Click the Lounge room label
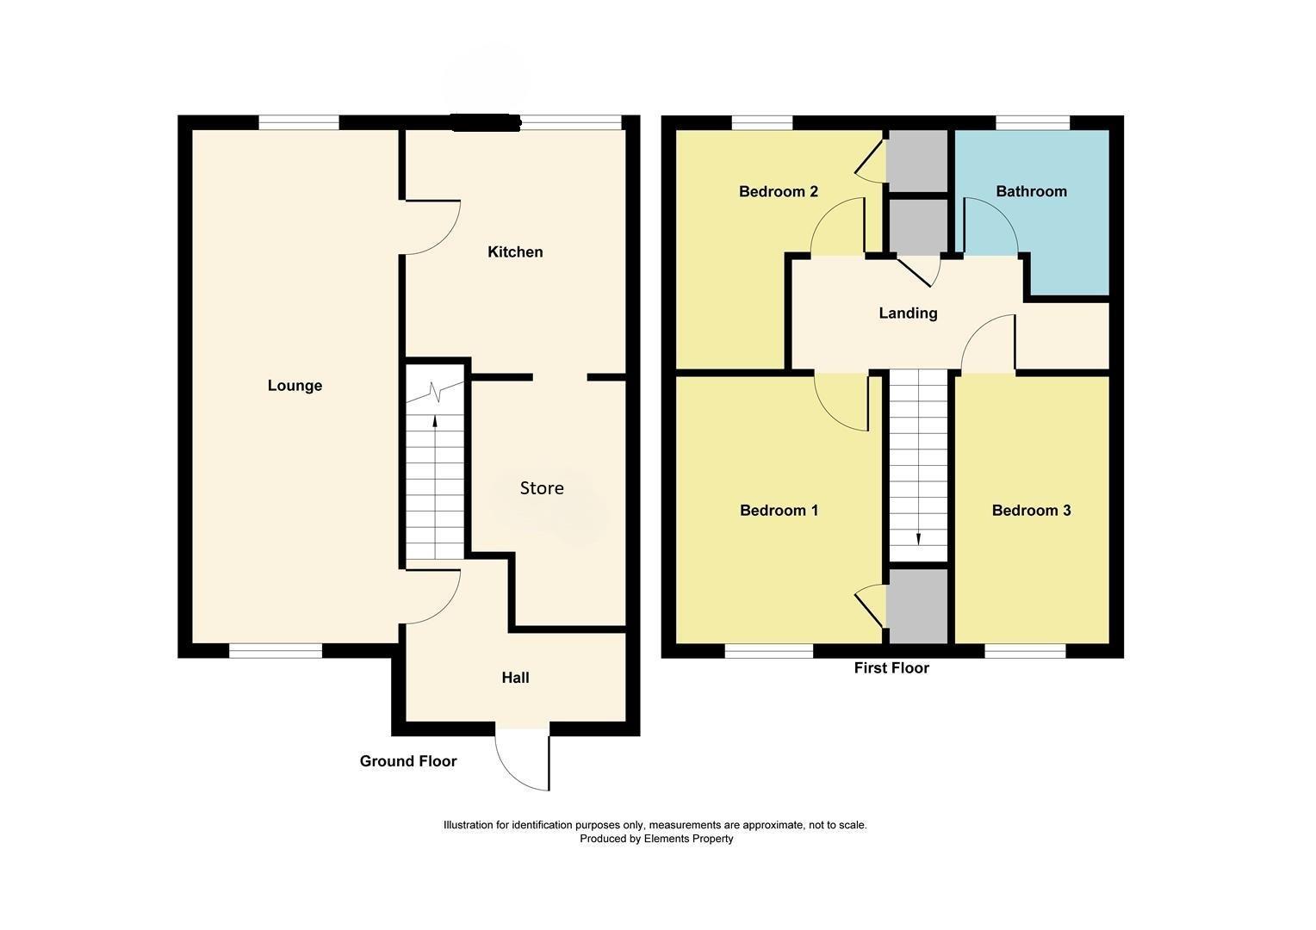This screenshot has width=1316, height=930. coord(295,386)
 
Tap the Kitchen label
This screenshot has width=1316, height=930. coord(515,252)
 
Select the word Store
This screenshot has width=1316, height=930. coord(542,488)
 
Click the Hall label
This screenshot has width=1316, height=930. coord(515,678)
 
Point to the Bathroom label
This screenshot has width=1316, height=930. coord(1031,191)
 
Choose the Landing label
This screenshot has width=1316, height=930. coord(908,313)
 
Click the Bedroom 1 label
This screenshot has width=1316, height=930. coord(779,511)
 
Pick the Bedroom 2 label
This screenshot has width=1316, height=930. coord(778,191)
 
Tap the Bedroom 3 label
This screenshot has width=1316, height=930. coord(1031,511)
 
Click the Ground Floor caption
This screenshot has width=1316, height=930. coord(407,761)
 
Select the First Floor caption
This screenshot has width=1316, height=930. coord(891,668)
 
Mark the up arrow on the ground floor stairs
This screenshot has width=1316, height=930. coord(435,422)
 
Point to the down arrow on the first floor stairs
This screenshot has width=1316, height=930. coord(918,539)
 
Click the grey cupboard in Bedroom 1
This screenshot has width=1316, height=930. coord(918,606)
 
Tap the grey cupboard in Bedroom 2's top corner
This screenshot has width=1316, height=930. coord(917,160)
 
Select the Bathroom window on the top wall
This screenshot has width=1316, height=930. coord(1033,123)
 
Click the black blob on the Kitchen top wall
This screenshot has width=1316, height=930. coord(486,123)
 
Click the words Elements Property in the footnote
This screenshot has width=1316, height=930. coord(688,839)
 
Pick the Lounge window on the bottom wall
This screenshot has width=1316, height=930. coord(275,651)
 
